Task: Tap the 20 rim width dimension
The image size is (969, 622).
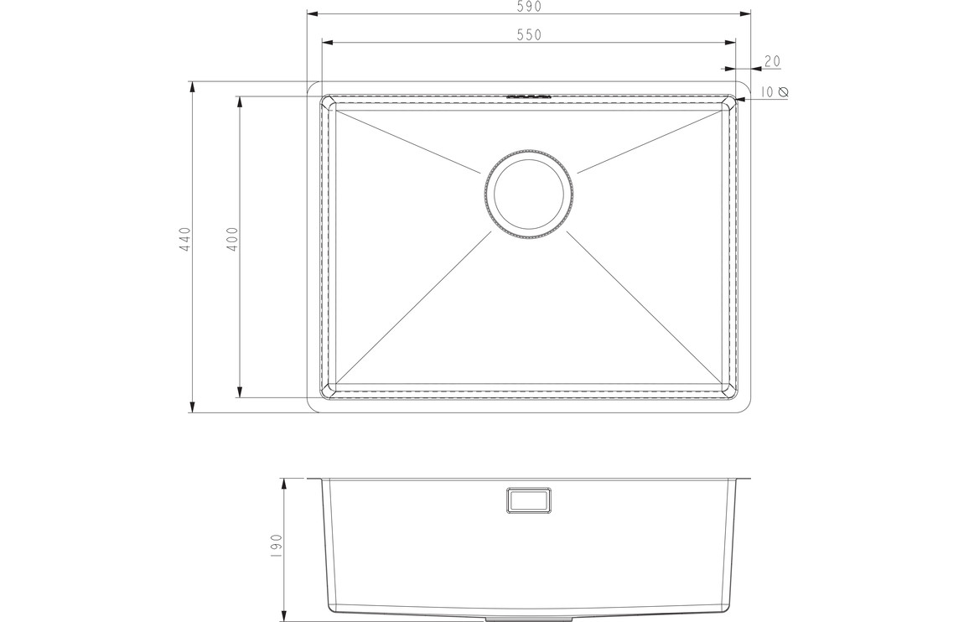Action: (773, 61)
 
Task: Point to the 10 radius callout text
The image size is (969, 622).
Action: (767, 92)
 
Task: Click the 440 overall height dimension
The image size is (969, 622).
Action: (185, 239)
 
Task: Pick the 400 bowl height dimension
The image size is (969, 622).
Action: (232, 239)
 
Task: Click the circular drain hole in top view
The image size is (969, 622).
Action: (529, 194)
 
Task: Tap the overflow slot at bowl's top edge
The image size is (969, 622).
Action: (528, 96)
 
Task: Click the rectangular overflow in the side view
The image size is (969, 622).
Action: (529, 500)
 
